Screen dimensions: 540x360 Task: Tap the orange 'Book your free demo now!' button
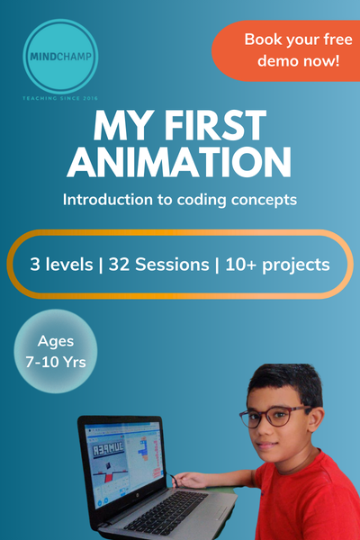[286, 51]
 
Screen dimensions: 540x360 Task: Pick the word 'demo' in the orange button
[263, 62]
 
